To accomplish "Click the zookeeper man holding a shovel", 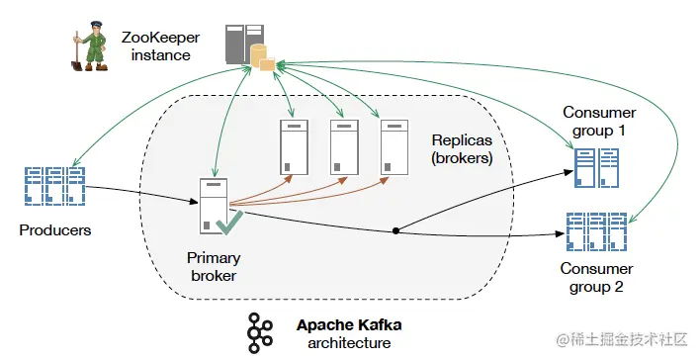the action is (x=90, y=46).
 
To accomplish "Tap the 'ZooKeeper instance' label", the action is (x=160, y=46).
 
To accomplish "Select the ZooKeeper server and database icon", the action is (x=250, y=47).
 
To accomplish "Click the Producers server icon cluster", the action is (x=55, y=186).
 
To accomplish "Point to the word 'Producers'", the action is (x=55, y=230).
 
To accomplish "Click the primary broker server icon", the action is (x=214, y=206).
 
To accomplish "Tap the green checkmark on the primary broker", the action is (x=229, y=223).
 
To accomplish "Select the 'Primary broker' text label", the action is (x=214, y=267).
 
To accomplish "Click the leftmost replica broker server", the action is (x=294, y=147).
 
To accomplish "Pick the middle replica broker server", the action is (x=344, y=147).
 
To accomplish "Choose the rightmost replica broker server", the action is (x=394, y=147).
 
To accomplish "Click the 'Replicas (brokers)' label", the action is (x=462, y=149).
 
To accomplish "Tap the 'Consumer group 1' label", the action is (x=599, y=121).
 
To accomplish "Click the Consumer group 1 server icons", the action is (x=596, y=168).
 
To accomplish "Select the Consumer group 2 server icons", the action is (x=597, y=231).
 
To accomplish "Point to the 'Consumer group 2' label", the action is (x=596, y=277).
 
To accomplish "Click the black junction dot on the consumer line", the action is (x=395, y=230).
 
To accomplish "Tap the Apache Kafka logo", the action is (x=260, y=333).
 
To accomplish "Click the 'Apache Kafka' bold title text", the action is (x=349, y=324).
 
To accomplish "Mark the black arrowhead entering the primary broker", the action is (x=194, y=202).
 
